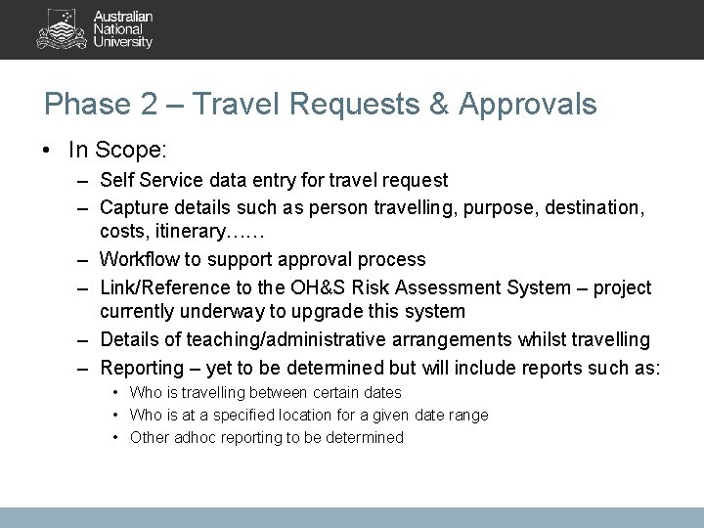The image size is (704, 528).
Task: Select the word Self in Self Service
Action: tap(116, 181)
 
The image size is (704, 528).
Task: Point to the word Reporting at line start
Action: tap(144, 367)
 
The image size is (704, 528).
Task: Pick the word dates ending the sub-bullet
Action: tap(381, 393)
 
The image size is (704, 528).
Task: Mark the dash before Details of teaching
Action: tap(85, 340)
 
